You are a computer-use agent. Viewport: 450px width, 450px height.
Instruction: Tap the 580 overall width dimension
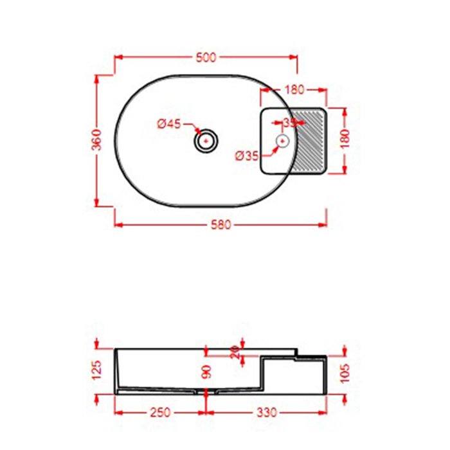(x=221, y=225)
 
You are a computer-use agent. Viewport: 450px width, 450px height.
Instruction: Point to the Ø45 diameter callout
(x=169, y=124)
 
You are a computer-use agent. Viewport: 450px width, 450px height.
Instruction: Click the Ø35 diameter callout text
(x=246, y=155)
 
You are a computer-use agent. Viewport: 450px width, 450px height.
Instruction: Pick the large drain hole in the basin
(x=206, y=140)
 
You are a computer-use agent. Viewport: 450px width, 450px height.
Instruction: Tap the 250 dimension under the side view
(x=159, y=412)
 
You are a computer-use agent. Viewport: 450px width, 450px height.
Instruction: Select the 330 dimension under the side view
(x=265, y=412)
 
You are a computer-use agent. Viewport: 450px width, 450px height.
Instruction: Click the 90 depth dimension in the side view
(x=206, y=371)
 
